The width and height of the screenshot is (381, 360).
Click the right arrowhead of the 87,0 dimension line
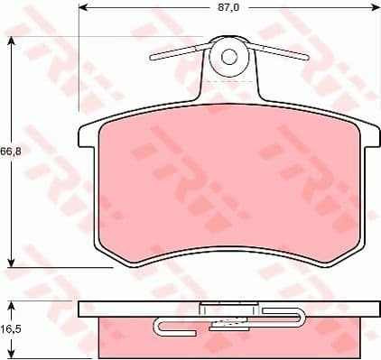tap(375, 7)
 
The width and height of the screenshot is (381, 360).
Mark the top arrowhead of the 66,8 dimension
tap(10, 42)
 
